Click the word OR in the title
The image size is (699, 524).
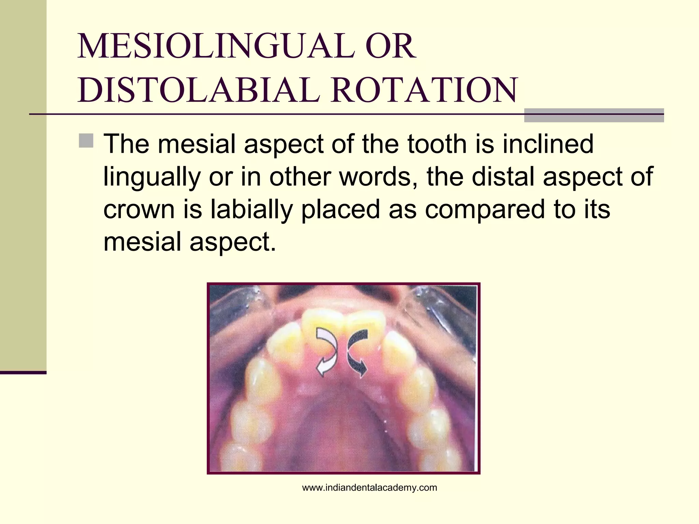point(390,46)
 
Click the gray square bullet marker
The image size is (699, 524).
point(86,141)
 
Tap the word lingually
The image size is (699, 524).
point(152,177)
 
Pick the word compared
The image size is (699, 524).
point(485,209)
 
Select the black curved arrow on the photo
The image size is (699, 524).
point(357,351)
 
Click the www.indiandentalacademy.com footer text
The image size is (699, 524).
point(369,488)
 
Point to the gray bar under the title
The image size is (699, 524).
point(594,115)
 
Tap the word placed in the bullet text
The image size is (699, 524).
point(340,209)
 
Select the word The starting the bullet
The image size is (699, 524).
point(126,144)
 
